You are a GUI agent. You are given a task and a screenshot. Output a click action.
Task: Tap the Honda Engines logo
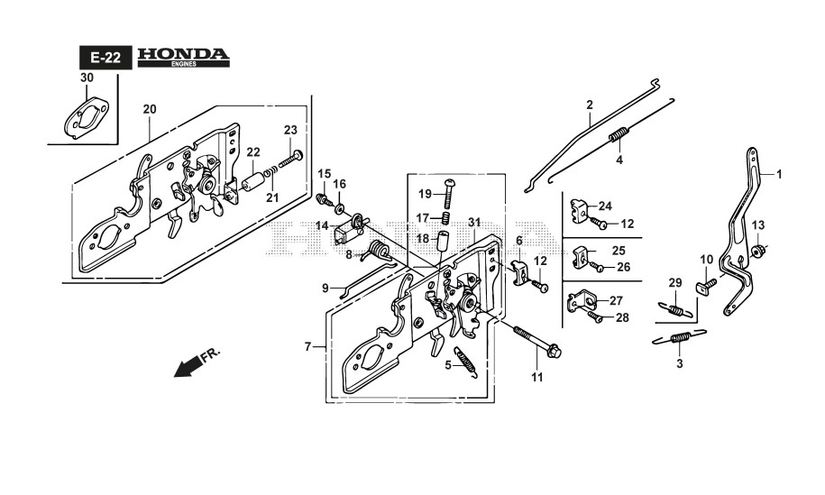tap(183, 58)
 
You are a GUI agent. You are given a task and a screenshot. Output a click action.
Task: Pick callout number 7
tap(307, 346)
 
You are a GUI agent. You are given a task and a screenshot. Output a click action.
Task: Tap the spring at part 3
tap(679, 339)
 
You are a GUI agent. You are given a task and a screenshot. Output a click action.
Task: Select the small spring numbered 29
tap(681, 309)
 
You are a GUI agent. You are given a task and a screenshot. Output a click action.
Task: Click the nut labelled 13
tap(759, 250)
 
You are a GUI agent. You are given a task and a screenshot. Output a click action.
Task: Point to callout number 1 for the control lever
tap(780, 172)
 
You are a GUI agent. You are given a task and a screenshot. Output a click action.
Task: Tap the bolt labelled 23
tap(290, 160)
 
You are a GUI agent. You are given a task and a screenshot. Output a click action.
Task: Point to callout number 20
tap(149, 109)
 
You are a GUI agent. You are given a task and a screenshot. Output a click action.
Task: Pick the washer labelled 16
tap(340, 210)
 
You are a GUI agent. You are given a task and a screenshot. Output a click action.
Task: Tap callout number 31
tap(474, 223)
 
